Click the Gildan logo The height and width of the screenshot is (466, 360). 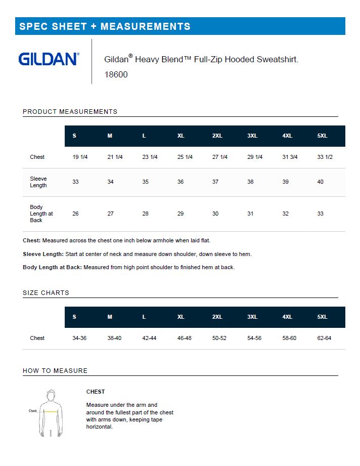pos(49,59)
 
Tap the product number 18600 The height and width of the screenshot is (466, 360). pos(116,74)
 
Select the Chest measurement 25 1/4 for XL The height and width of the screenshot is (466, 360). pos(185,157)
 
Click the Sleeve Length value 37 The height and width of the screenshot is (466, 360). pos(215,182)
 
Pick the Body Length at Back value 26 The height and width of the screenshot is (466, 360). pos(75,214)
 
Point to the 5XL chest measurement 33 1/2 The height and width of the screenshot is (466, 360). pos(325,157)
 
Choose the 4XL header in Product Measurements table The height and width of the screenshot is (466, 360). pos(287,136)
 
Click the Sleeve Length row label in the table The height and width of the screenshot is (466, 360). pos(38,182)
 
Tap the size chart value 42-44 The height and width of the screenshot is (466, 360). pos(150,338)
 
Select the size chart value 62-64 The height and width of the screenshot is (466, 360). pos(324,338)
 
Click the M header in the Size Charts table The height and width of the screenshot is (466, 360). pos(110,317)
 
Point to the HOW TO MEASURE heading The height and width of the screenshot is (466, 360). pos(55,371)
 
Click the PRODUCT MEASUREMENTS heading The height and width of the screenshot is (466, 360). pos(70,111)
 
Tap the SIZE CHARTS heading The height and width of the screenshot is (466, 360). pos(46,293)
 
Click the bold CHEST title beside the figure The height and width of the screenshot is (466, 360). pos(96,392)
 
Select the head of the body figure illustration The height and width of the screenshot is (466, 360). pos(51,395)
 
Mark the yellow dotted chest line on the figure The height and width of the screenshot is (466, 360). pos(51,411)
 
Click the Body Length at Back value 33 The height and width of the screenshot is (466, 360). pos(320,214)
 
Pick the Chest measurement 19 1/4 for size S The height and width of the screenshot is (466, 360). pos(80,157)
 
